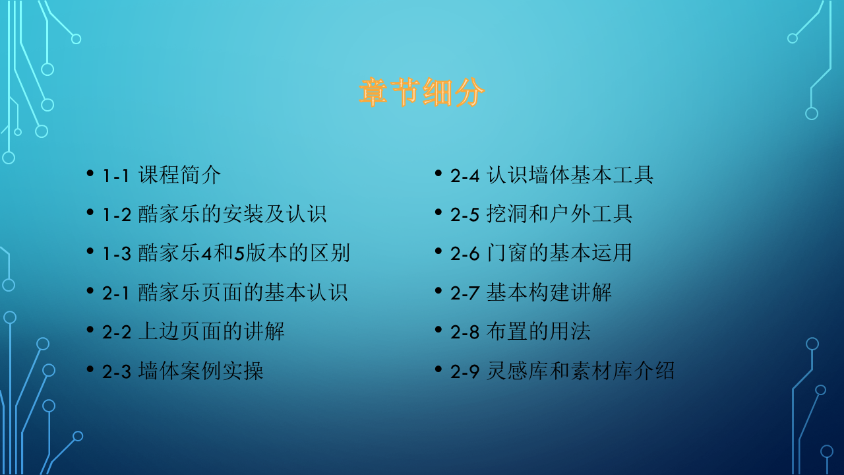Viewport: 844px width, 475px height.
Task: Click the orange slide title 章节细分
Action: pos(422,93)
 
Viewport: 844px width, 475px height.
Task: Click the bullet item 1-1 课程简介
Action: pos(162,175)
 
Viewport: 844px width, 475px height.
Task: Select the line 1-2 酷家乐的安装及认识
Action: pos(214,214)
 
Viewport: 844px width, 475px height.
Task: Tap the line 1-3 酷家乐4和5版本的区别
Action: pos(226,253)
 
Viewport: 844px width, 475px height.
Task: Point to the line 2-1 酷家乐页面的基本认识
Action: pos(225,292)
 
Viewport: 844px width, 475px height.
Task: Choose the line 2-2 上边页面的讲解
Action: pos(193,331)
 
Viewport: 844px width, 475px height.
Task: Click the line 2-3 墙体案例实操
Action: pos(183,371)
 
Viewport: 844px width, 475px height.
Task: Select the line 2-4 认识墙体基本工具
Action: pos(552,175)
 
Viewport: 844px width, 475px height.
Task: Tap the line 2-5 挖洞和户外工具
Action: pos(541,214)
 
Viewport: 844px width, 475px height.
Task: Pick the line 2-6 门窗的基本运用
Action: pos(541,253)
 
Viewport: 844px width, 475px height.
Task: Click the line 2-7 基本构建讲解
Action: pos(531,292)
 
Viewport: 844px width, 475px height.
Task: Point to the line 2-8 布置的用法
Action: pos(520,331)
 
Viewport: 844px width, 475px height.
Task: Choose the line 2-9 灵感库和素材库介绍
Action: pos(562,371)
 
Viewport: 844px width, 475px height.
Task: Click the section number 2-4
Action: pos(465,176)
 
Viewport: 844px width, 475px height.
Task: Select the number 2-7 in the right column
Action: pos(465,293)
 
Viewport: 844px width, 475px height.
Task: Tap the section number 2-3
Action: pos(117,371)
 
